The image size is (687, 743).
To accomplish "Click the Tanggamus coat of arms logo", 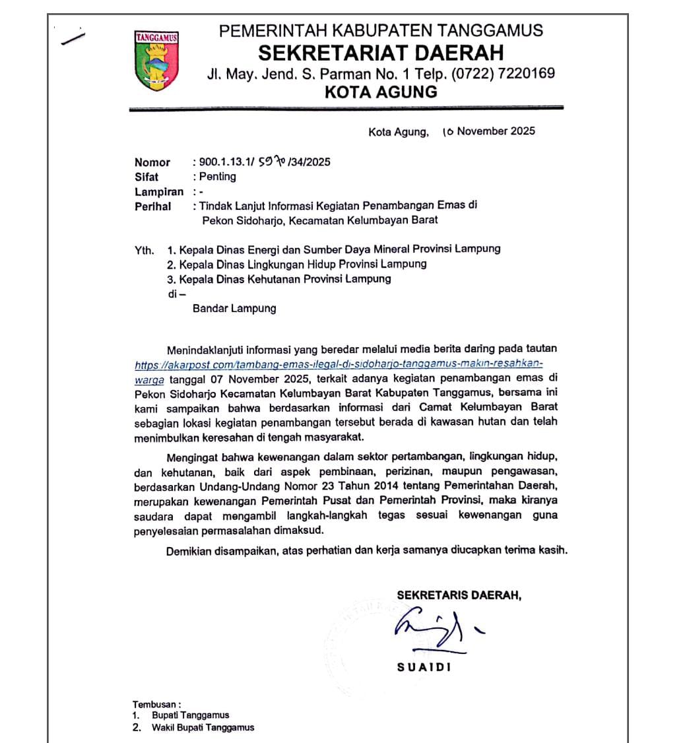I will pos(156,60).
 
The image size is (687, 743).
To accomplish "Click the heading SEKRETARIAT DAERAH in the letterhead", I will pos(380,52).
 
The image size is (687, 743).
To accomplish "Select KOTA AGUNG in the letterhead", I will pos(381,92).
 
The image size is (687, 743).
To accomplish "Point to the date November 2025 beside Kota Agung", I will pos(496,131).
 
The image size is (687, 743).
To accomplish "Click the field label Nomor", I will pos(152,162).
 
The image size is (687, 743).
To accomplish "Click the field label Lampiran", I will pos(159,192).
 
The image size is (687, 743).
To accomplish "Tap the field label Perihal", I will pos(153,207).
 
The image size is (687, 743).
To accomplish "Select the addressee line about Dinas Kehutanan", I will pos(279,279).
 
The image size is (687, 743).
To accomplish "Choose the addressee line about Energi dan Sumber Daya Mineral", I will pos(334,249).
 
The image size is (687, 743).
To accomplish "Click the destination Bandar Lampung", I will pos(234,308).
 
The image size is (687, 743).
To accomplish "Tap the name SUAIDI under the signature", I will pos(424,667).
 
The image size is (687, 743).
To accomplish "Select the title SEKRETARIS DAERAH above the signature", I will pos(459,595).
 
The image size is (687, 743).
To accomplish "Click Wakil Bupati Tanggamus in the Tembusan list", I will pos(203,728).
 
